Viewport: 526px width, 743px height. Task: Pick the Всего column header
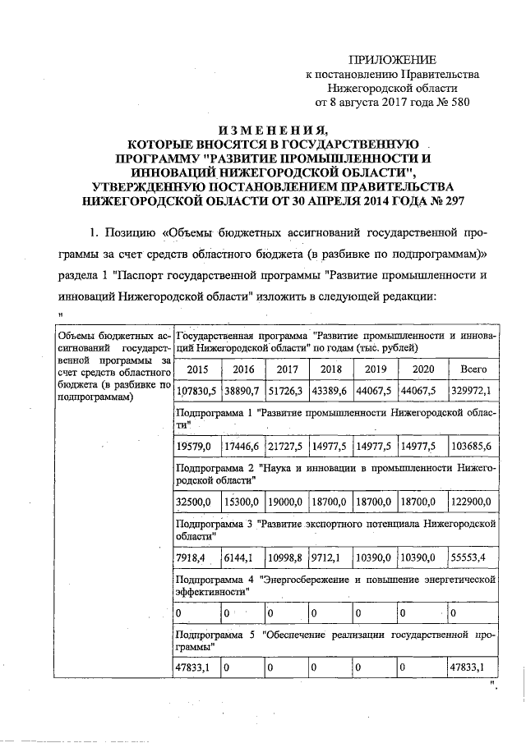[474, 369]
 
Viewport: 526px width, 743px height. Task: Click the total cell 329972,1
[474, 390]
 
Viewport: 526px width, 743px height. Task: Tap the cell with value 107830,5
[197, 390]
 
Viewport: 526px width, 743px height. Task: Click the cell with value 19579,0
[195, 445]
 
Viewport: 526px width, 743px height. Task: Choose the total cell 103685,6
[473, 445]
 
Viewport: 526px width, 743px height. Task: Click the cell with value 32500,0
[195, 501]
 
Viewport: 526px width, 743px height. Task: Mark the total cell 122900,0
[473, 501]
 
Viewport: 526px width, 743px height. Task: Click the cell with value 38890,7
[241, 390]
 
